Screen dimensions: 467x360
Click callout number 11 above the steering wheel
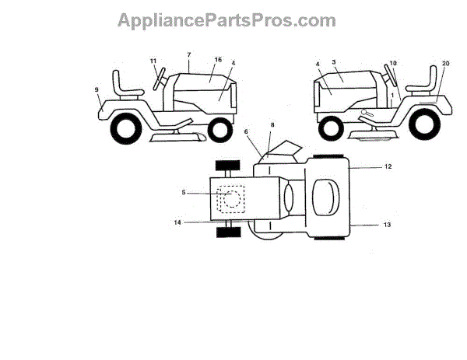click(153, 60)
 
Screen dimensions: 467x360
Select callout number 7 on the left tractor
click(188, 54)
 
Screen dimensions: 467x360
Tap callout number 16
click(218, 60)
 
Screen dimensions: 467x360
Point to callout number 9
click(97, 90)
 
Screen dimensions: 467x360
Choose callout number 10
click(394, 63)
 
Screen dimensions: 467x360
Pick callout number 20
click(445, 63)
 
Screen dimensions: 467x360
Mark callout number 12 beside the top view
click(387, 167)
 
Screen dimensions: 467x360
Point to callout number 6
click(247, 132)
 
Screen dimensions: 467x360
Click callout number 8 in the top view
click(272, 124)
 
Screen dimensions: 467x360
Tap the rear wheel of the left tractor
click(125, 128)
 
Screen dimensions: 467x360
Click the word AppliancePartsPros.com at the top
click(226, 20)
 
